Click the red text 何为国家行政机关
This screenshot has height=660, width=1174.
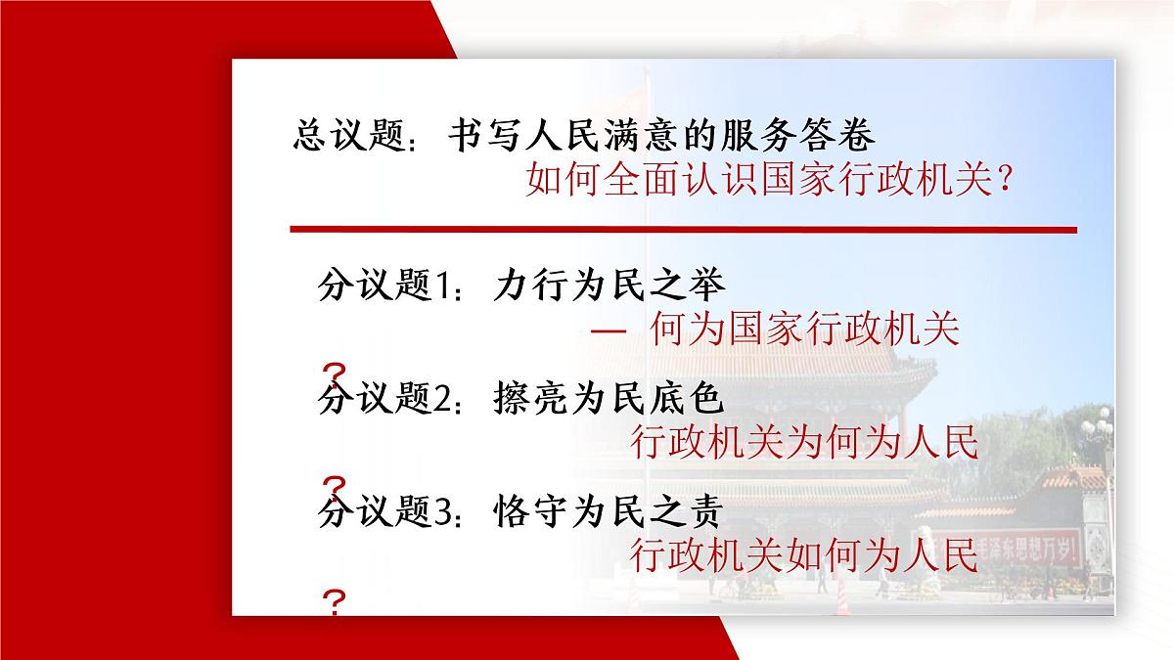click(804, 330)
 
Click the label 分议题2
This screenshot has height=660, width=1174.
click(385, 398)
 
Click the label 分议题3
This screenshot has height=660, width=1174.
click(385, 510)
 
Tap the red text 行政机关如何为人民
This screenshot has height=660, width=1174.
click(804, 555)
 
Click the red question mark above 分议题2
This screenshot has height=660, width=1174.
click(335, 374)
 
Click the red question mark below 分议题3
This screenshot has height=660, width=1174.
click(335, 599)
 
